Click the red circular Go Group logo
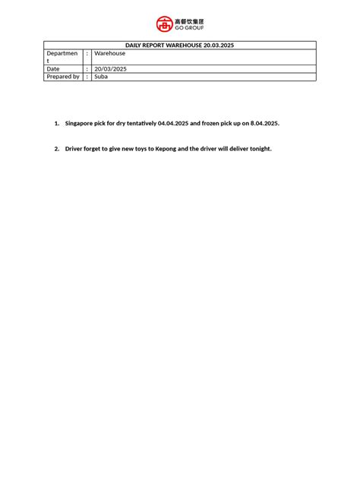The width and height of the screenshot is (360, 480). (165, 24)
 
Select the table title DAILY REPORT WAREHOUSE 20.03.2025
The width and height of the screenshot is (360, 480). (179, 46)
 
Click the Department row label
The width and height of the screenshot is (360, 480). (62, 57)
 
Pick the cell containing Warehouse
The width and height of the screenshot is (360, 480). (110, 53)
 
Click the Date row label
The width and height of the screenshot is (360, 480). (53, 68)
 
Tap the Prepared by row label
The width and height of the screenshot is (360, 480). (63, 77)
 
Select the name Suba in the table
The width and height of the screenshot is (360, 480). (101, 77)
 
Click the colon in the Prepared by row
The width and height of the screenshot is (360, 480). (87, 77)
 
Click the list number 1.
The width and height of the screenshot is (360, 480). (56, 122)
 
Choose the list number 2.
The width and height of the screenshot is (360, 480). (56, 149)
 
